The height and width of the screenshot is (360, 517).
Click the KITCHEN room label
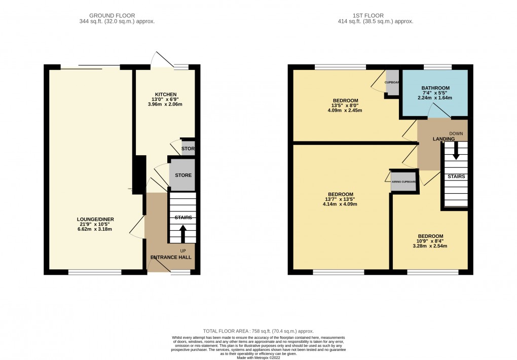pos(166,94)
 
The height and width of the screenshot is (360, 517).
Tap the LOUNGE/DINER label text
pos(96,219)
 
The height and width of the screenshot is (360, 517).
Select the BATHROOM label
pos(436,88)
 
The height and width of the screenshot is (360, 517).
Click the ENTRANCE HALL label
pos(171,258)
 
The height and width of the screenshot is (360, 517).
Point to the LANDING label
pos(442,138)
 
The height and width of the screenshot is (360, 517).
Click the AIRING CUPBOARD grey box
pos(404,181)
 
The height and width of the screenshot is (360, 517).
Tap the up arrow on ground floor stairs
pos(182,234)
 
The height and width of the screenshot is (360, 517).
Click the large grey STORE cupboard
pos(182,175)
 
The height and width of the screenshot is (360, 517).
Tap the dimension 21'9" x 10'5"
pos(96,224)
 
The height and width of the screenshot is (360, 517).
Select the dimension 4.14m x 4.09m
pos(340,204)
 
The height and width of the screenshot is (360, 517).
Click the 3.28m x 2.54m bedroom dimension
pos(430,246)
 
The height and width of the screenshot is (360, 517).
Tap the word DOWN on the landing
pos(456,134)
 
